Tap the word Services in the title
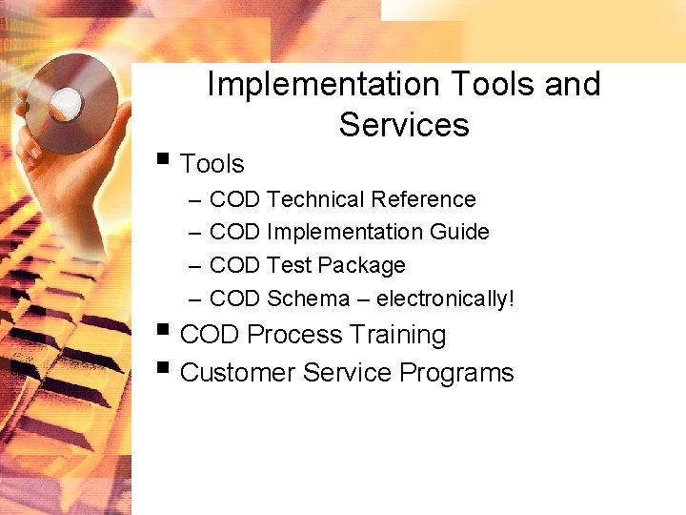point(404,125)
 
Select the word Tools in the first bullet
point(212,164)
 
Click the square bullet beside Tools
point(164,158)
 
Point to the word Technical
point(315,199)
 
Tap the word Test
point(289,265)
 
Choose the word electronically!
point(445,299)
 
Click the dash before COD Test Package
point(194,266)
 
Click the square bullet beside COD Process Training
point(164,330)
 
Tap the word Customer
point(237,372)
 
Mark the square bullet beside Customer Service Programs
point(164,367)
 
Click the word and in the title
point(572,85)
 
